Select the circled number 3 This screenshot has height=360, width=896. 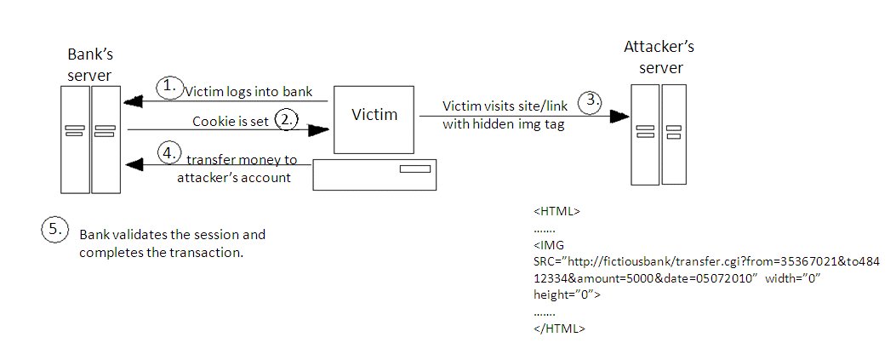point(590,100)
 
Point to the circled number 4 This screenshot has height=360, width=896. point(170,154)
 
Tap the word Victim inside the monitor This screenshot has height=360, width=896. point(374,115)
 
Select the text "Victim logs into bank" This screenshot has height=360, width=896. point(248,91)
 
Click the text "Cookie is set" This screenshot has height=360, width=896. point(231,122)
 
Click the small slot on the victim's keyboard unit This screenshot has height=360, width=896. point(414,170)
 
